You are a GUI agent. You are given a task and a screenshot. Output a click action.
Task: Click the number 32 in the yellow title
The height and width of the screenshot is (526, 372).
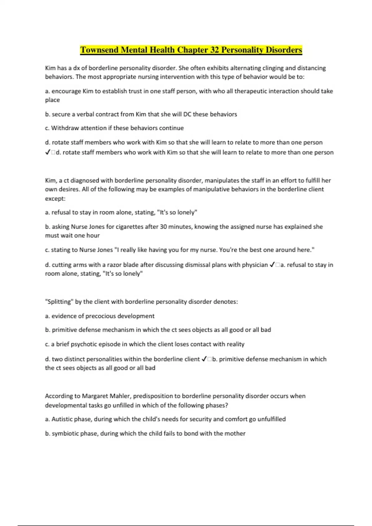(x=214, y=50)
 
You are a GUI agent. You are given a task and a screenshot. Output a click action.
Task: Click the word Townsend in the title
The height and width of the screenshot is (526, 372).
(x=99, y=50)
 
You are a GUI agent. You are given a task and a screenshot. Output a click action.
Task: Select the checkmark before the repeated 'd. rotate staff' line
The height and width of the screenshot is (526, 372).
(x=47, y=153)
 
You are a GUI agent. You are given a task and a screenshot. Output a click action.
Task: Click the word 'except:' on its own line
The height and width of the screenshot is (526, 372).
(x=55, y=199)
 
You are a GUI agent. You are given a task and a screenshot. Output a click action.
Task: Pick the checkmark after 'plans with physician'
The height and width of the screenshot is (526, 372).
(x=272, y=265)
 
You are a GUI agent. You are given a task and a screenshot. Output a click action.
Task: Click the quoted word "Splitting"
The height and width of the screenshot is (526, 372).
(x=59, y=302)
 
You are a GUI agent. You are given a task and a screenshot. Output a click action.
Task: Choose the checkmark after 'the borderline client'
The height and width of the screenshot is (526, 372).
(x=204, y=359)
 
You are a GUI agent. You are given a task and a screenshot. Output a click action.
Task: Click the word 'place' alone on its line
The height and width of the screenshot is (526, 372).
(x=52, y=100)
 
